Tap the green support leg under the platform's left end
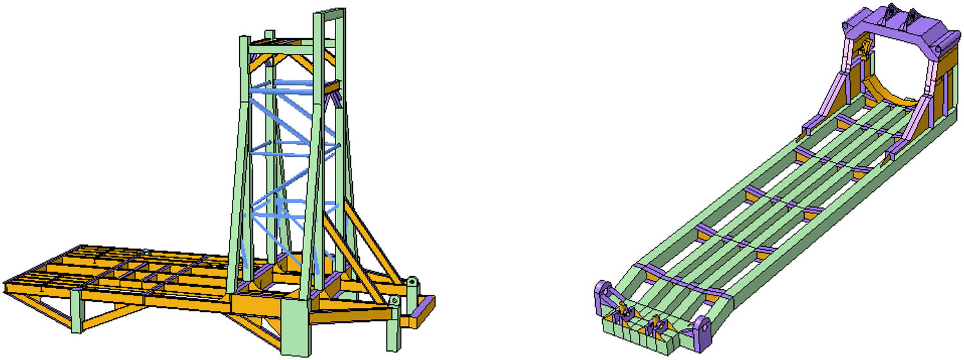point(76,312)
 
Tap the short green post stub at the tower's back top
point(270,36)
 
